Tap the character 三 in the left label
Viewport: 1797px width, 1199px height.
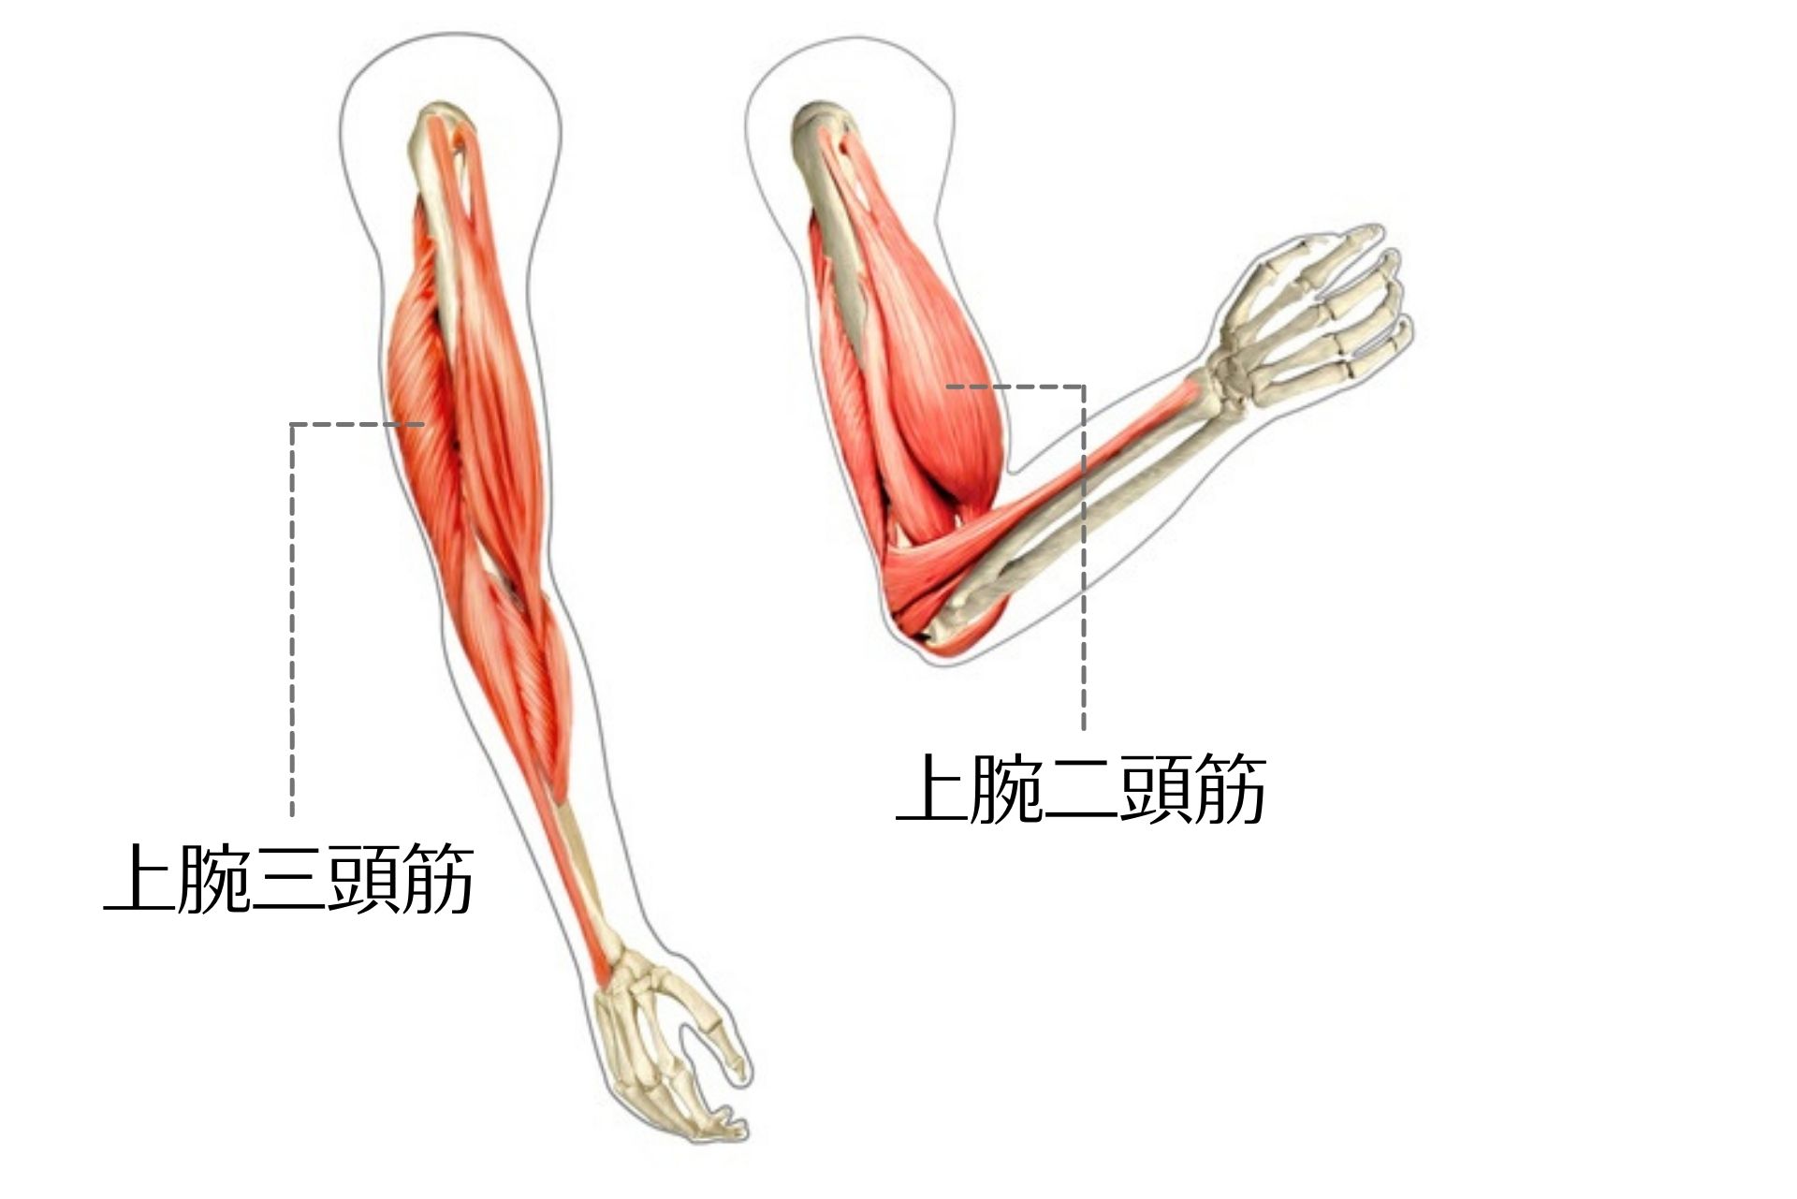click(288, 880)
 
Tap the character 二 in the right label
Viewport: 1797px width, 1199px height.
click(1081, 791)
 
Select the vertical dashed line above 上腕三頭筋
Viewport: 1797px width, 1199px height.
click(292, 618)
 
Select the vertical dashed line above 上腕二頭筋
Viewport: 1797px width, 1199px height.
click(1084, 562)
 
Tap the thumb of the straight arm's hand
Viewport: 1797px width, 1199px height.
click(721, 1039)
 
